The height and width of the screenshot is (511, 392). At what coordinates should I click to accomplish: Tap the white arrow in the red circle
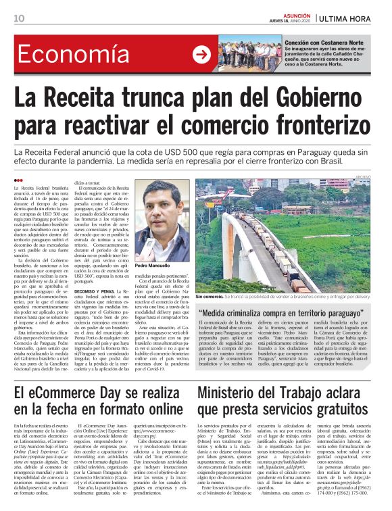pyautogui.click(x=201, y=55)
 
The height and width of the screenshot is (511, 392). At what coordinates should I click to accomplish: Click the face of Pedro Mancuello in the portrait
pyautogui.click(x=162, y=217)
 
